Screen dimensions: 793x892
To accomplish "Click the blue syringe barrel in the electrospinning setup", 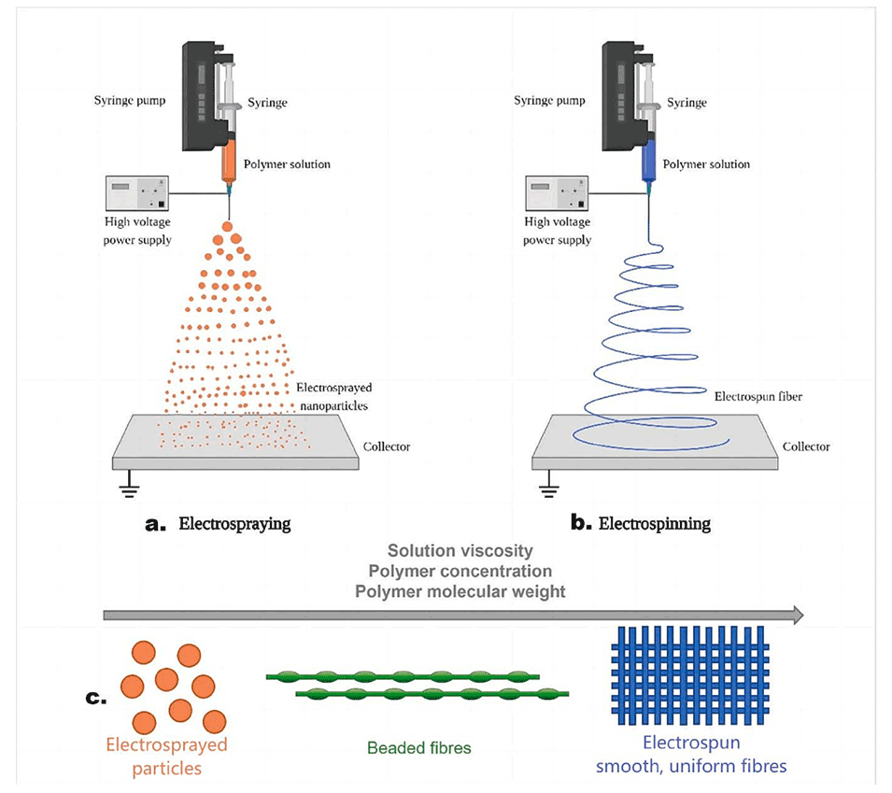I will click(646, 164).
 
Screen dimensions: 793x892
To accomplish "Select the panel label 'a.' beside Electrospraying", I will click(155, 524).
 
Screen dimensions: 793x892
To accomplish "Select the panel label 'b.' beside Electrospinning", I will click(580, 524).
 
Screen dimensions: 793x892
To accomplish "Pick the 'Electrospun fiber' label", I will click(757, 396).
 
